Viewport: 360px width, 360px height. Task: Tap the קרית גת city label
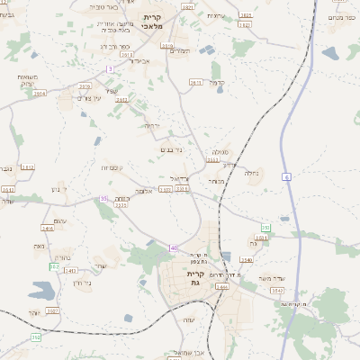[x=196, y=278]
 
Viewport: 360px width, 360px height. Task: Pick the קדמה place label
[x=216, y=84]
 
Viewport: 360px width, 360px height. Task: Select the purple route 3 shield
[x=110, y=68]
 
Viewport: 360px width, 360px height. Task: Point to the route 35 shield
[x=104, y=198]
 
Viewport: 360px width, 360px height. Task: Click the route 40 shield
[x=174, y=247]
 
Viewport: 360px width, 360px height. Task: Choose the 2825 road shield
[x=246, y=15]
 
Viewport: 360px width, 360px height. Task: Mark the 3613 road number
[x=195, y=82]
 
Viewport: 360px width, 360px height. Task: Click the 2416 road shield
[x=48, y=229]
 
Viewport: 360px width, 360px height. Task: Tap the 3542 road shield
[x=277, y=291]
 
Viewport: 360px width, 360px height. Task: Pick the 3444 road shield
[x=221, y=286]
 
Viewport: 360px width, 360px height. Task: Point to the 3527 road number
[x=52, y=310]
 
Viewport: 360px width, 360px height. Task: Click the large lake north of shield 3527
[x=40, y=291]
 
